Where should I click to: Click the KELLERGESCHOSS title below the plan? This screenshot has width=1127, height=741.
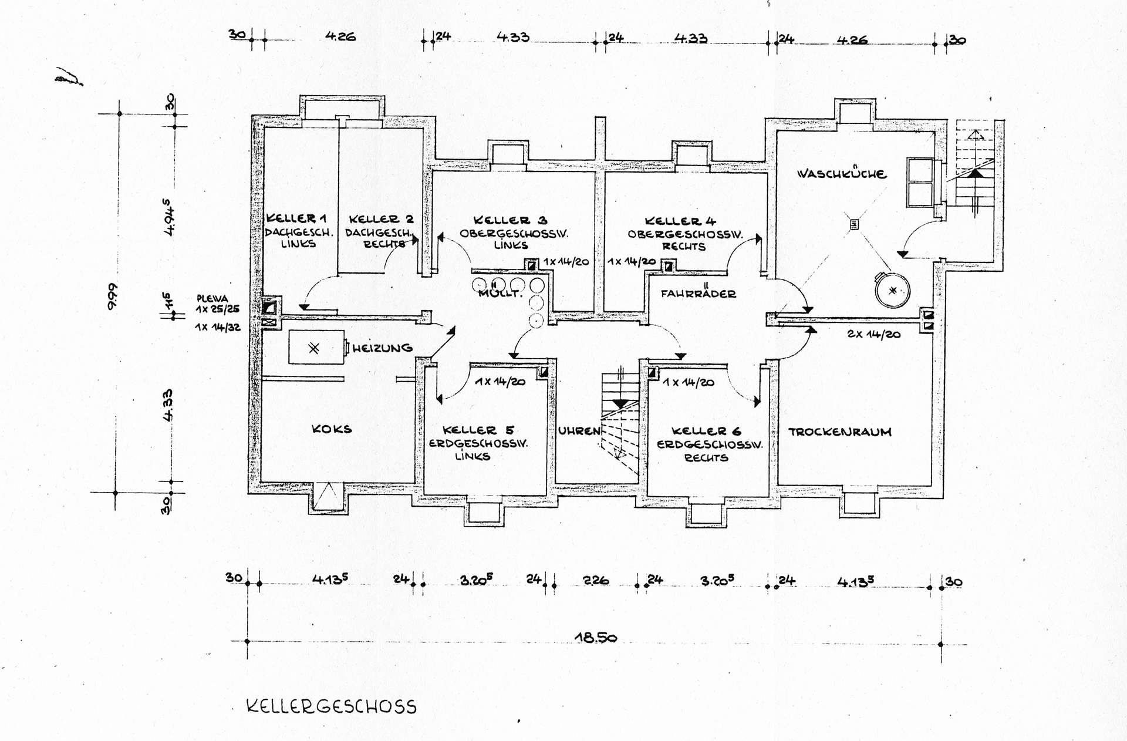(x=331, y=706)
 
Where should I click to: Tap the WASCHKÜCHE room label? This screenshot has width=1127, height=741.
(x=841, y=174)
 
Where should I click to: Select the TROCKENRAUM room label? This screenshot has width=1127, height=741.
(x=839, y=432)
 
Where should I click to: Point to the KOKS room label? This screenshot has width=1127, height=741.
(x=332, y=429)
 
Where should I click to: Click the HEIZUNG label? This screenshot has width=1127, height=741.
(x=382, y=348)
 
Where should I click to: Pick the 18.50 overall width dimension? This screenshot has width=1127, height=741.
(x=595, y=637)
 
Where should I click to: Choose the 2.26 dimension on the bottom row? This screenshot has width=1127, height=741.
(x=595, y=581)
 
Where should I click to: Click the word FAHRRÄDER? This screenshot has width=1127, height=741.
(x=698, y=294)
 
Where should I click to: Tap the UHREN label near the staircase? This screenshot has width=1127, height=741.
(x=579, y=431)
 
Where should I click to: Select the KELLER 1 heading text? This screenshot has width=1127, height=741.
(x=296, y=218)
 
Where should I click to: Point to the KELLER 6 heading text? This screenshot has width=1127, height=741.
(x=706, y=431)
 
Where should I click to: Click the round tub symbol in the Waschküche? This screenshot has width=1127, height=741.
(x=892, y=290)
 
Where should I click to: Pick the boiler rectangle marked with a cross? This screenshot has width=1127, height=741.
(x=316, y=348)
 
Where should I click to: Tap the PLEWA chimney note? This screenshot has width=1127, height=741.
(x=212, y=299)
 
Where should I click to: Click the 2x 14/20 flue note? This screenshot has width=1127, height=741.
(x=873, y=334)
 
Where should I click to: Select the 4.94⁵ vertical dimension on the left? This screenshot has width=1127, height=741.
(x=168, y=217)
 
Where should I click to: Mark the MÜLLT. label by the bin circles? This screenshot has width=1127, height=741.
(x=500, y=293)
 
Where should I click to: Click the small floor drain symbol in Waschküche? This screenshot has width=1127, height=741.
(x=854, y=224)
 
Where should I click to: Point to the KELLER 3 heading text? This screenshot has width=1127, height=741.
(x=510, y=220)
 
